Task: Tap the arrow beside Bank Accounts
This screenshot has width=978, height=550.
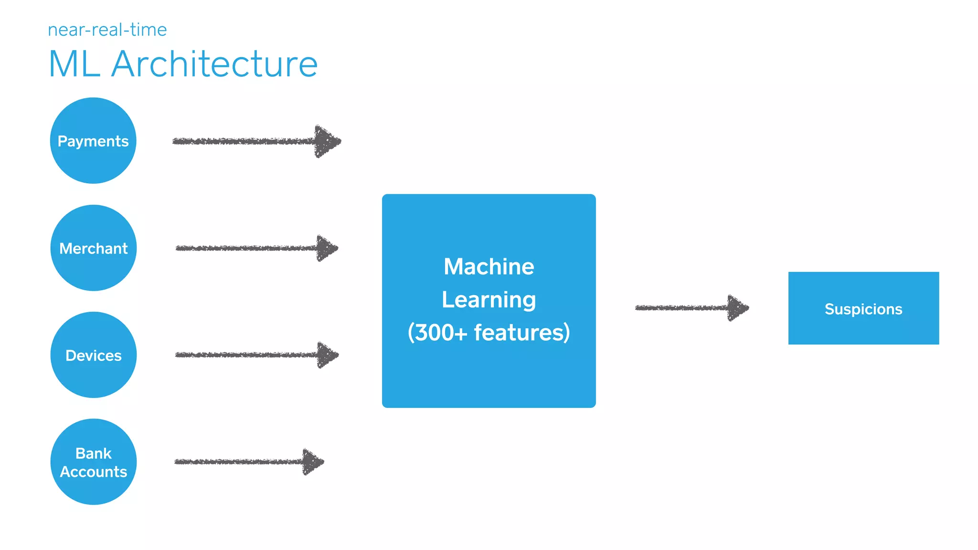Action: tap(244, 462)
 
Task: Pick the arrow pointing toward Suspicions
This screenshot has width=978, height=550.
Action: tap(688, 308)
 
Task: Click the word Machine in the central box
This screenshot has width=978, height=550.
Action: tap(489, 266)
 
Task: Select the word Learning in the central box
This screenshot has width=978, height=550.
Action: tap(489, 300)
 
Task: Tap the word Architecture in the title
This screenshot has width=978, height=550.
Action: tap(214, 64)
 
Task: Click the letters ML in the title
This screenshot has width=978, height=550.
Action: tap(74, 64)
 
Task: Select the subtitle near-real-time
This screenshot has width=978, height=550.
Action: tap(107, 30)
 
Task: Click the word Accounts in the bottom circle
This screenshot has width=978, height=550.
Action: tap(94, 472)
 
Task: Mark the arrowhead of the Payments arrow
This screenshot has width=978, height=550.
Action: tap(327, 141)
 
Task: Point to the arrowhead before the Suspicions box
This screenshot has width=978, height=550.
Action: tap(738, 308)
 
